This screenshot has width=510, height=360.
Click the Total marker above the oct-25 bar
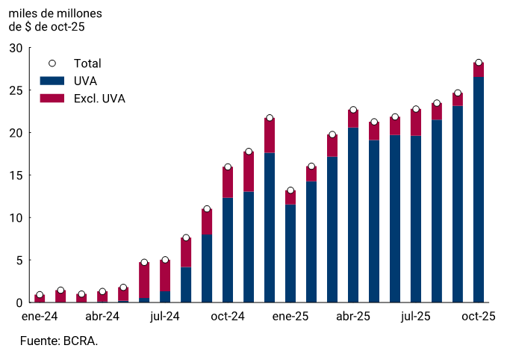tap(479, 63)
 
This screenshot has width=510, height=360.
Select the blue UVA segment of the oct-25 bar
tap(479, 190)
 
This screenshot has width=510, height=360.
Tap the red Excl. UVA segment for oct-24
tap(228, 182)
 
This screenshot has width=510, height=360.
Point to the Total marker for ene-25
tap(290, 190)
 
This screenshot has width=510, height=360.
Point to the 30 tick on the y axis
tap(16, 48)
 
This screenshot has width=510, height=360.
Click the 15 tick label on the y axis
tap(16, 176)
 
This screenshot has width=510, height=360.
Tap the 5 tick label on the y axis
tap(19, 261)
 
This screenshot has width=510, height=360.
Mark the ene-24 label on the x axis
tap(40, 317)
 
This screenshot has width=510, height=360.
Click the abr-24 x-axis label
tap(102, 317)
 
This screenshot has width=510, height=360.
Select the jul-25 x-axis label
tap(416, 317)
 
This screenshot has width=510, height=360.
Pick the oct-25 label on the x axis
tap(479, 317)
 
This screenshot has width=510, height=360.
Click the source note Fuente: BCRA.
tap(59, 341)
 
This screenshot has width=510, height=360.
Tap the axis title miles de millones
tap(55, 13)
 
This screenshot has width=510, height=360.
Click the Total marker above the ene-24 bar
tap(40, 295)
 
